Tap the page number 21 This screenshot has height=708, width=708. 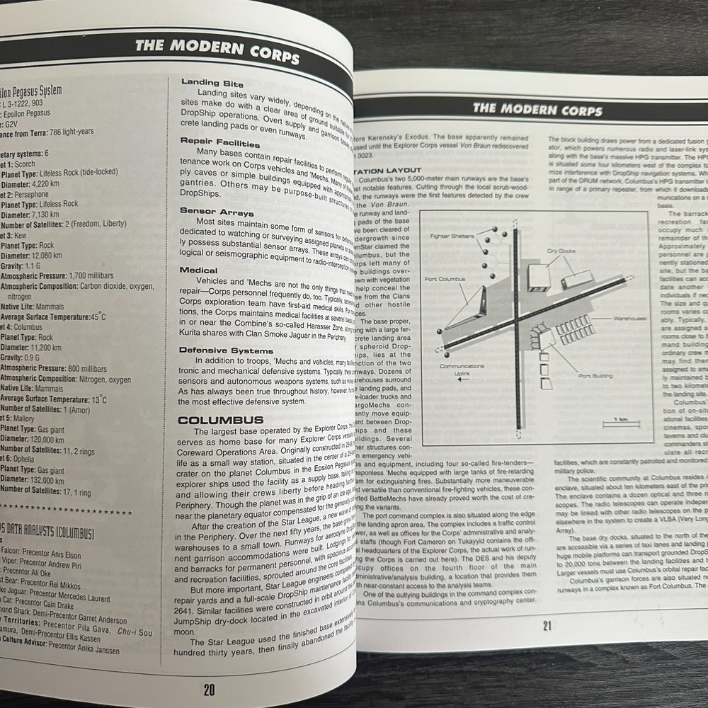coord(546,625)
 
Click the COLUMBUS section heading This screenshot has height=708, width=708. coord(220,420)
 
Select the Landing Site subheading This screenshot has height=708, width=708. coord(212,84)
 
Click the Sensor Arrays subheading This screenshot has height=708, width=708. coord(216,212)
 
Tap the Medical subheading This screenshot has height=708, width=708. coord(198,270)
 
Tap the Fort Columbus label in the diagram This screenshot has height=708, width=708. coord(445,279)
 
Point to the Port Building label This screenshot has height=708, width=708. coord(593,377)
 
